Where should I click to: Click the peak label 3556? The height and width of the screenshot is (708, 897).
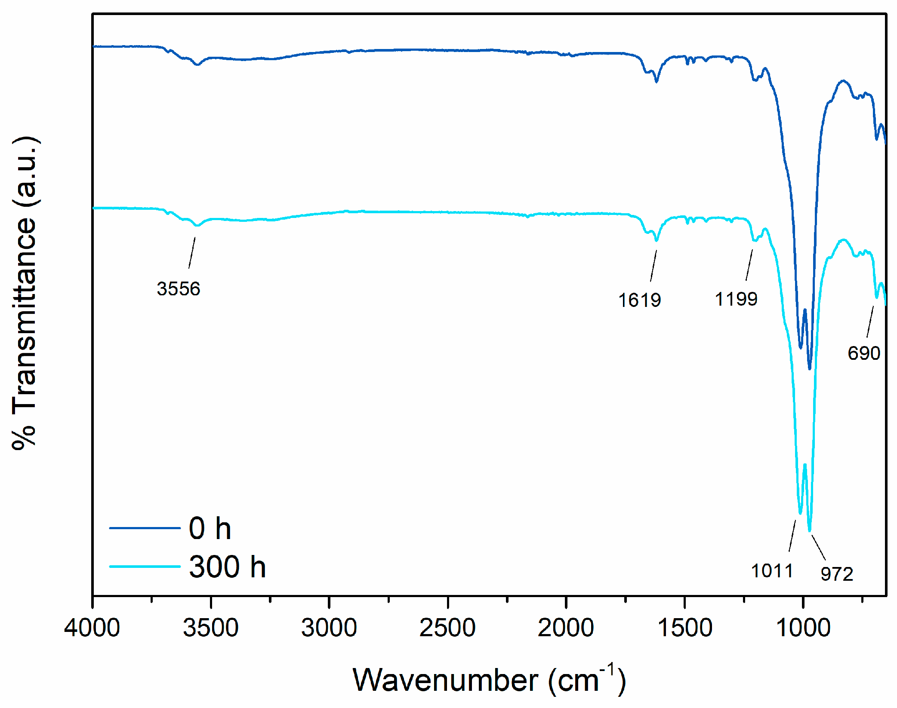(x=178, y=288)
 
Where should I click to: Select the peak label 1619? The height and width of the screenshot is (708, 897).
(x=639, y=300)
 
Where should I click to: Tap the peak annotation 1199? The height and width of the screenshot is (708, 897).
(x=736, y=299)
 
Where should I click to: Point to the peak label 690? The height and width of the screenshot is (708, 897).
(x=863, y=353)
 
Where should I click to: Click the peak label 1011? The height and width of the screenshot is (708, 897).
(x=772, y=571)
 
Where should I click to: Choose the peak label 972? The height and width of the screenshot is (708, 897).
(x=836, y=574)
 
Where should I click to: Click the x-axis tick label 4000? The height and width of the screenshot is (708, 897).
(x=92, y=628)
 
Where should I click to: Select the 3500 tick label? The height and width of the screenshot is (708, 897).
(x=210, y=628)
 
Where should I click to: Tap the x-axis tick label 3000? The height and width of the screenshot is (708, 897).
(x=329, y=628)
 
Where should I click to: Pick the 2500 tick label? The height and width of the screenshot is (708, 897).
(x=447, y=628)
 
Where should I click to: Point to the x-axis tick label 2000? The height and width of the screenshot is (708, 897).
(x=566, y=628)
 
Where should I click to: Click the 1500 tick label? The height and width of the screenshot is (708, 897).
(x=684, y=628)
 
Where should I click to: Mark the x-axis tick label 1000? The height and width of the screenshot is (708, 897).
(x=803, y=628)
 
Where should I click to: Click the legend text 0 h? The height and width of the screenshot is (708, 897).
(x=210, y=528)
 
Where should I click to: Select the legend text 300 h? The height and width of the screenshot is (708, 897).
(x=227, y=567)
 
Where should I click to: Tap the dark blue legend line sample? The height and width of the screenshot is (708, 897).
(x=145, y=528)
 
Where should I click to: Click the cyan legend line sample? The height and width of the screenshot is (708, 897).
(x=145, y=567)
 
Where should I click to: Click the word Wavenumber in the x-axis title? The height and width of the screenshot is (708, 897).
(x=445, y=680)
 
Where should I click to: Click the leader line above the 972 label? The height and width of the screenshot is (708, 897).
(x=818, y=547)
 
